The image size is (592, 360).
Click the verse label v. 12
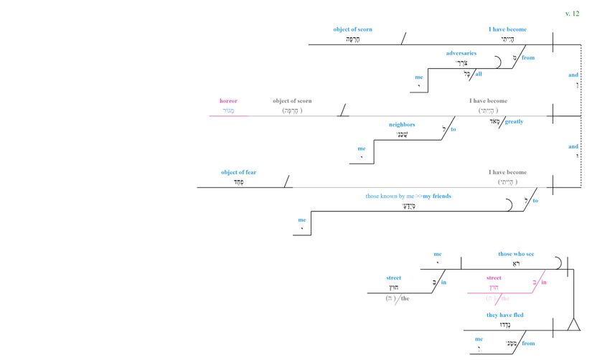[572, 13]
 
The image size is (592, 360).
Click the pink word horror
[228, 101]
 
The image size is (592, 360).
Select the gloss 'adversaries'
[461, 53]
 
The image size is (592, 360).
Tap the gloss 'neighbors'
[402, 124]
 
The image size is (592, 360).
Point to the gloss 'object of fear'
[238, 172]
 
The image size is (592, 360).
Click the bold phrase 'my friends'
[438, 196]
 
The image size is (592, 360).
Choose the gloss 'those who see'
[516, 254]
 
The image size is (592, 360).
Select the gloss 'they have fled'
[505, 315]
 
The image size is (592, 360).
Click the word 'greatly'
[514, 122]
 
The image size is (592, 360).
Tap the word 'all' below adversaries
[478, 74]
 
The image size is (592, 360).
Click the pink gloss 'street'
[494, 278]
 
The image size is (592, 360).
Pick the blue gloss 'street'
[394, 278]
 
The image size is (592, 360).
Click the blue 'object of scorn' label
[352, 29]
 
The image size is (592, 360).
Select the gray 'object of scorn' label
[292, 101]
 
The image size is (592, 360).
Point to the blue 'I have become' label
[507, 29]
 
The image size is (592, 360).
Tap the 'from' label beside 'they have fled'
[528, 344]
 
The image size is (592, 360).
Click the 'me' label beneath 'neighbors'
[362, 148]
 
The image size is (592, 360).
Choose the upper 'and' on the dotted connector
[573, 75]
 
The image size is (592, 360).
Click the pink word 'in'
[544, 283]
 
